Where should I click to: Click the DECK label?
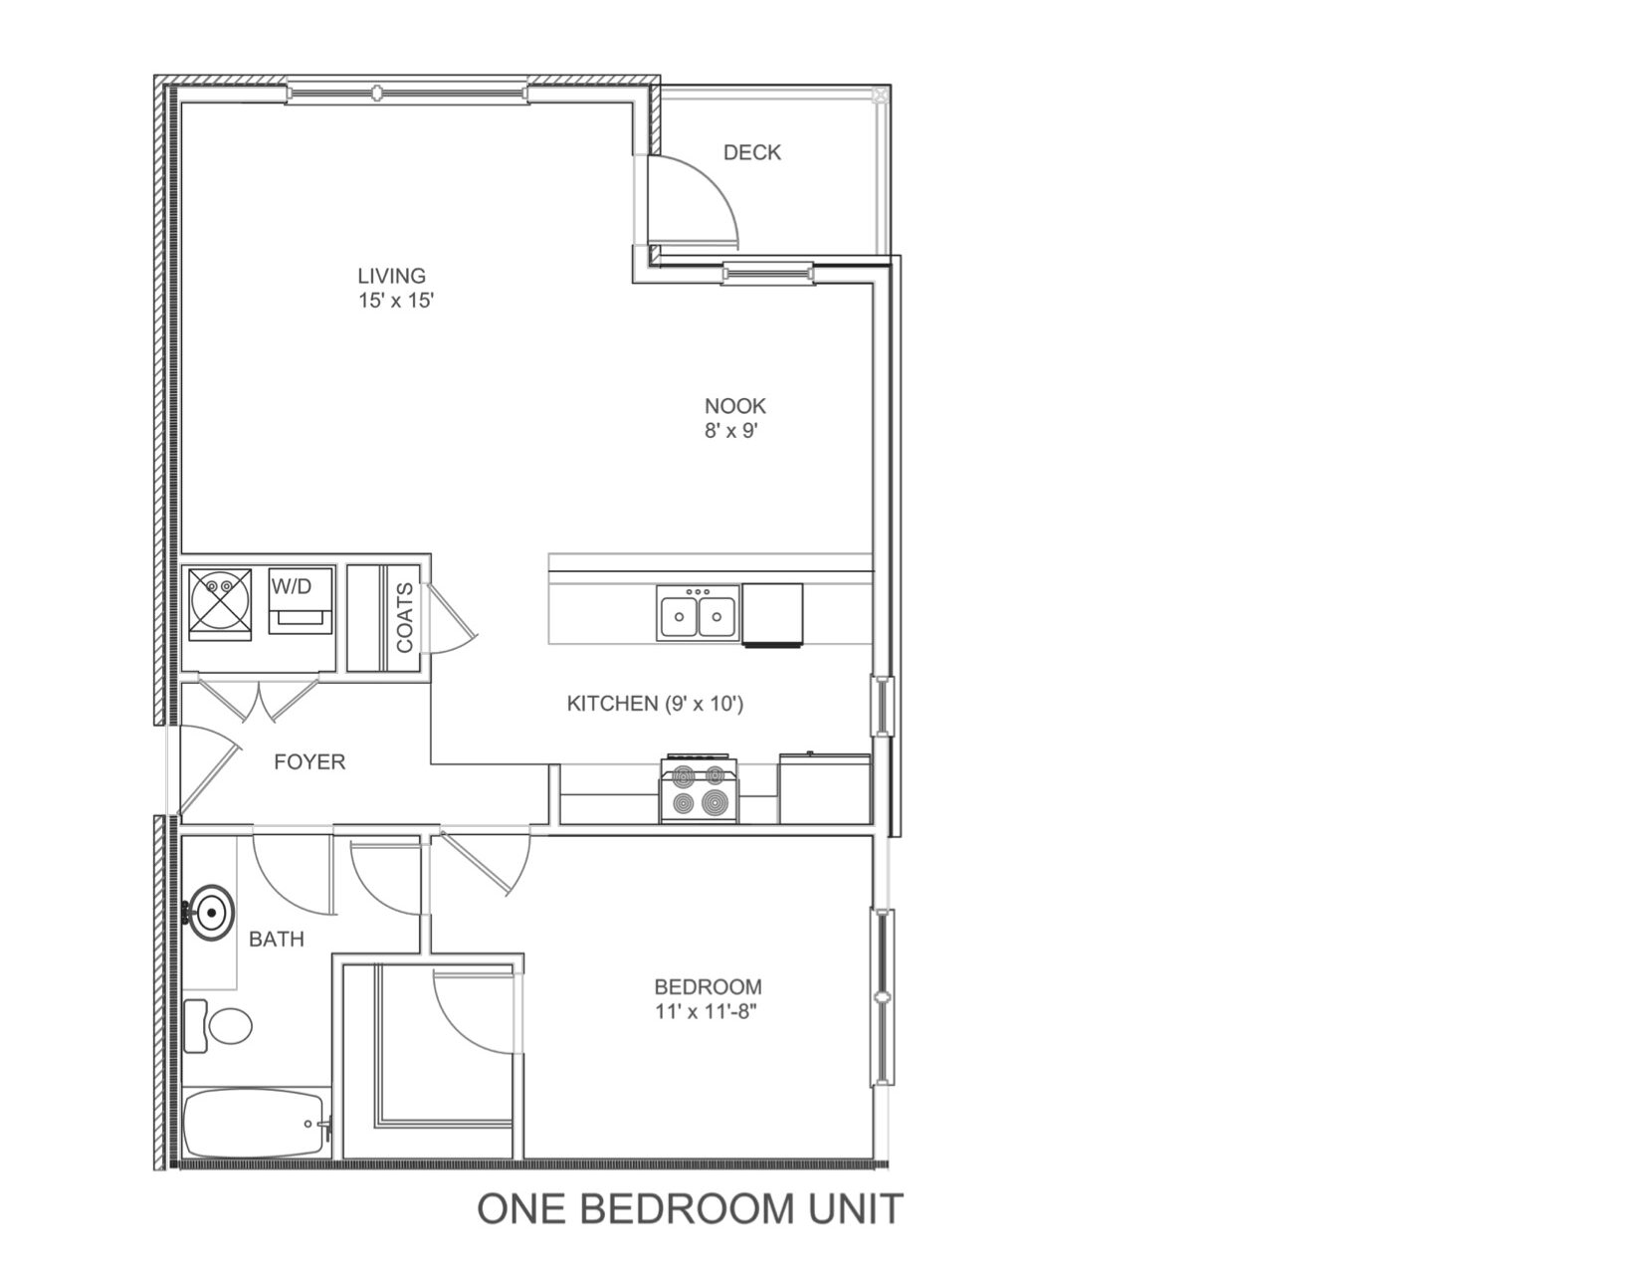pyautogui.click(x=752, y=152)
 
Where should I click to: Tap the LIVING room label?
pyautogui.click(x=391, y=276)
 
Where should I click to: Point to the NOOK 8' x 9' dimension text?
pyautogui.click(x=731, y=431)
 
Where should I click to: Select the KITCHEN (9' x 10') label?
pyautogui.click(x=655, y=704)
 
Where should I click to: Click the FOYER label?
pyautogui.click(x=309, y=761)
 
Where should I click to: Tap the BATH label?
pyautogui.click(x=277, y=940)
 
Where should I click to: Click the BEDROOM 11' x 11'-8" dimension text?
pyautogui.click(x=707, y=1011)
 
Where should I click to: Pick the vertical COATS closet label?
pyautogui.click(x=405, y=617)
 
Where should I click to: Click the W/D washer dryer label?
pyautogui.click(x=292, y=586)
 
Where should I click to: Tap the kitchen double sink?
pyautogui.click(x=698, y=614)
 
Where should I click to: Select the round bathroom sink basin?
pyautogui.click(x=212, y=913)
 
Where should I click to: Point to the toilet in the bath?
pyautogui.click(x=218, y=1025)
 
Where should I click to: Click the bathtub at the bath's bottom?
pyautogui.click(x=257, y=1123)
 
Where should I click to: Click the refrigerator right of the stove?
pyautogui.click(x=825, y=788)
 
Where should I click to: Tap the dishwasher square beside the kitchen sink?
pyautogui.click(x=772, y=615)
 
